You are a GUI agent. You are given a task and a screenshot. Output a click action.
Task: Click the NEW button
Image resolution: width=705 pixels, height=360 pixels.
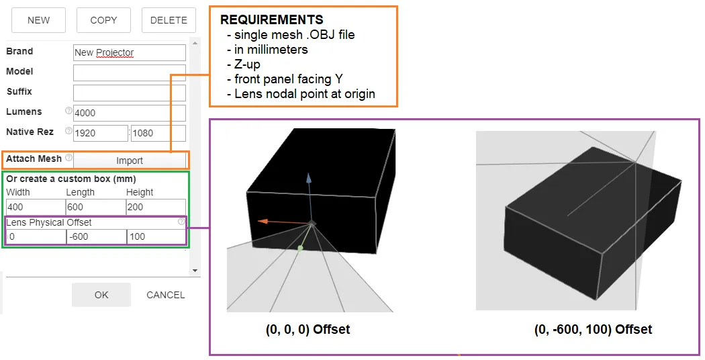click(x=38, y=20)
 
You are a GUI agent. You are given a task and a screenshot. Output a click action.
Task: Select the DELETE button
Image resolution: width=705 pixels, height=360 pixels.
click(x=169, y=20)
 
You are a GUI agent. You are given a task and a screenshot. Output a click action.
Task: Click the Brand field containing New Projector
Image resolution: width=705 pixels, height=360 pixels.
click(x=129, y=52)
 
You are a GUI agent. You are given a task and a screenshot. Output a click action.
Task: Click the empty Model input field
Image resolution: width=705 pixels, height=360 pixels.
click(x=129, y=73)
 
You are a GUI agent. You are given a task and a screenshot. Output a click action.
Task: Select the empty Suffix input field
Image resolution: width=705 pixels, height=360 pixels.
click(x=129, y=93)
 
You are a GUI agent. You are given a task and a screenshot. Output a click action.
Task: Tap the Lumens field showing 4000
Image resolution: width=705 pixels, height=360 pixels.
click(x=129, y=113)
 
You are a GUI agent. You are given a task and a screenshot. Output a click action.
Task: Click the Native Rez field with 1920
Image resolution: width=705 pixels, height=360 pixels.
click(x=100, y=133)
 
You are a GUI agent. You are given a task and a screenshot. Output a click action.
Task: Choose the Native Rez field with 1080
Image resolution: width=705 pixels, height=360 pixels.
click(x=158, y=133)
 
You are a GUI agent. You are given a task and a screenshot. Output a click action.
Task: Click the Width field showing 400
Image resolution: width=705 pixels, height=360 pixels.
click(x=35, y=207)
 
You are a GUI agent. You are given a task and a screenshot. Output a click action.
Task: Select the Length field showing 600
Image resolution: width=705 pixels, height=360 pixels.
click(x=95, y=207)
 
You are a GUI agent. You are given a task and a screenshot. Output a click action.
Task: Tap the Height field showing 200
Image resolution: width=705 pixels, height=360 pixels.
click(x=155, y=207)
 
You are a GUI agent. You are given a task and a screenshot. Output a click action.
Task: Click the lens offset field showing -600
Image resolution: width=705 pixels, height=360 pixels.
click(x=96, y=236)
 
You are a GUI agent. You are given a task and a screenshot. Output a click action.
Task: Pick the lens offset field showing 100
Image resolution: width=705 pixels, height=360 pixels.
click(x=156, y=236)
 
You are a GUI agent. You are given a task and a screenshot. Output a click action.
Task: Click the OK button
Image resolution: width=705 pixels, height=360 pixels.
click(x=101, y=295)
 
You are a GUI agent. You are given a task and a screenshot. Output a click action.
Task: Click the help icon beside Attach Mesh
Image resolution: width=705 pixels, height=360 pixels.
click(x=68, y=159)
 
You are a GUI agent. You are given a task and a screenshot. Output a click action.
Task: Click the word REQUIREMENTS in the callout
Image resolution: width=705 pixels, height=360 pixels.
click(x=271, y=20)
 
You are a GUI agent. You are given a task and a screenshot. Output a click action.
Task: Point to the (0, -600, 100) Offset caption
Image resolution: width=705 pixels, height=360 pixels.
click(x=593, y=330)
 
